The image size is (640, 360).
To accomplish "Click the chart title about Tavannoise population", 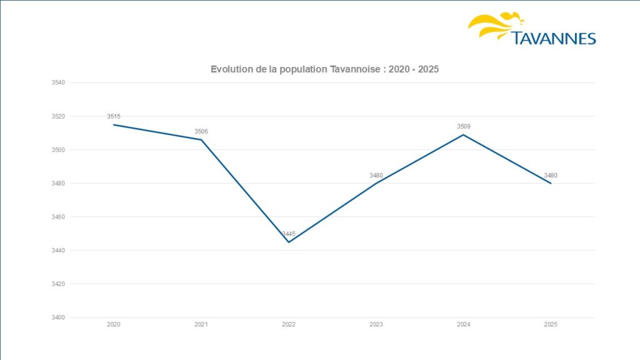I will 324,69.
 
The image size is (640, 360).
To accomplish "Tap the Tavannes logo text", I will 554,39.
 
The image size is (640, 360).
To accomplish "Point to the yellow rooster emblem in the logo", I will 496,25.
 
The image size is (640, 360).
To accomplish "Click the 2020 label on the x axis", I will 114,325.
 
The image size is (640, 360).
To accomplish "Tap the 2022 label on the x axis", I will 289,325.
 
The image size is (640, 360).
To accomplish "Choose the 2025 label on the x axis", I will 551,325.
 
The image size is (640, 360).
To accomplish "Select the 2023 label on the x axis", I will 376,325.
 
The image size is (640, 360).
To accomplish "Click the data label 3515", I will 114,117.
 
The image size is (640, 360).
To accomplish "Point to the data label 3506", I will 201,131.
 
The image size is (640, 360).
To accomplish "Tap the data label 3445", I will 289,234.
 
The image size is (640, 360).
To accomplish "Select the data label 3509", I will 463,127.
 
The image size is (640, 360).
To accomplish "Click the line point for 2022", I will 289,242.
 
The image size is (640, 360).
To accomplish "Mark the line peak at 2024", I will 463,134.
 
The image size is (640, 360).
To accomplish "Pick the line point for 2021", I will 201,139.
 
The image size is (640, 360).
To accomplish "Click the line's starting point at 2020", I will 114,124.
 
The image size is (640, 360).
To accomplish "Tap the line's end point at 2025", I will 551,183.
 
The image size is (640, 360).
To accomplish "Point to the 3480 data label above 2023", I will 376,176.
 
